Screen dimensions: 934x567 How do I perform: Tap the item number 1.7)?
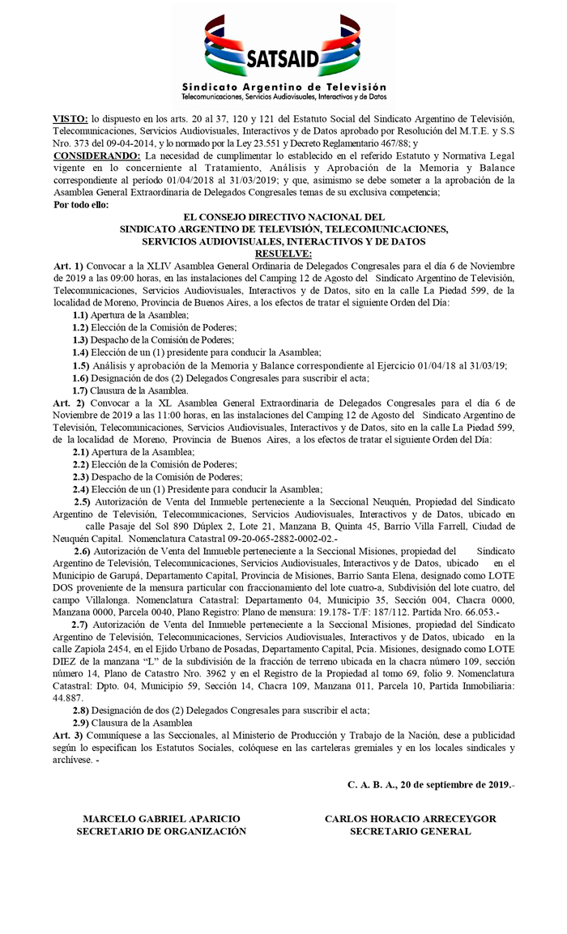click(x=80, y=390)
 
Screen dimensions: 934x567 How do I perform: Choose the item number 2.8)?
click(x=80, y=710)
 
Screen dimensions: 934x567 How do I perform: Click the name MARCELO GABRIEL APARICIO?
click(x=160, y=818)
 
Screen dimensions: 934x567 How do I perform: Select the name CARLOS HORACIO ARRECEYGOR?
click(x=411, y=818)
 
